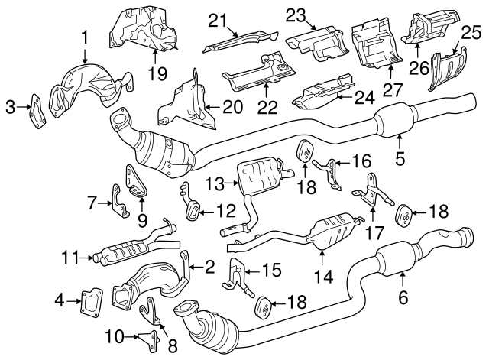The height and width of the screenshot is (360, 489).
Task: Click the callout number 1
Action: [x=85, y=35]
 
